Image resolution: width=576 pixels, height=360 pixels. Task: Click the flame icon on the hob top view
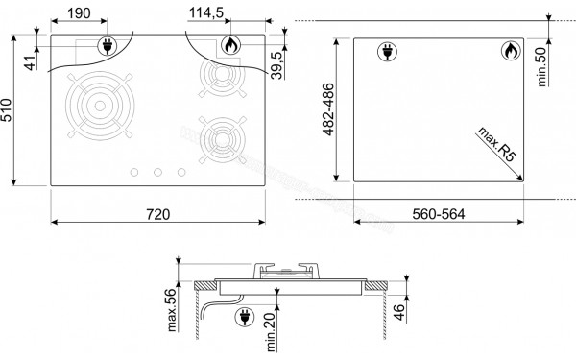coord(230,44)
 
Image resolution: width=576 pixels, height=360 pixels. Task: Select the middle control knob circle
coord(156,172)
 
